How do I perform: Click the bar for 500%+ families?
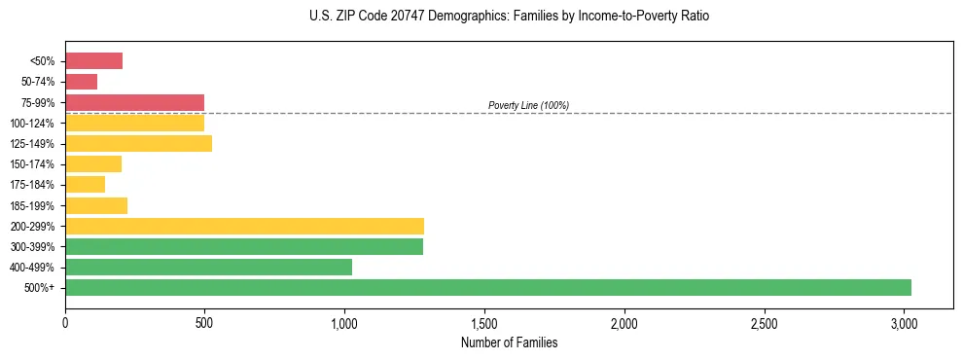tap(487, 287)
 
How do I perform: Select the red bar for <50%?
tap(93, 61)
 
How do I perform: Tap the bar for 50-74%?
tap(81, 82)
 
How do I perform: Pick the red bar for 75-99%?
tap(134, 102)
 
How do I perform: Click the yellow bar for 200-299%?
tap(244, 226)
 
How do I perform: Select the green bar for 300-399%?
tap(244, 246)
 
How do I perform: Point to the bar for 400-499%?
tap(208, 267)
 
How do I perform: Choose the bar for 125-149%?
tap(138, 144)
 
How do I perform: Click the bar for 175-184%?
tap(85, 185)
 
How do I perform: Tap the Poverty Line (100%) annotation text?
tap(528, 105)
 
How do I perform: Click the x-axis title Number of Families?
tap(509, 342)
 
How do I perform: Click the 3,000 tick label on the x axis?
tap(904, 323)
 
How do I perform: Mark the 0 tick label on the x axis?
tap(65, 323)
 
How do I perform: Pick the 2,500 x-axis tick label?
tap(764, 323)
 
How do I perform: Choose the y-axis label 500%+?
tap(45, 288)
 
